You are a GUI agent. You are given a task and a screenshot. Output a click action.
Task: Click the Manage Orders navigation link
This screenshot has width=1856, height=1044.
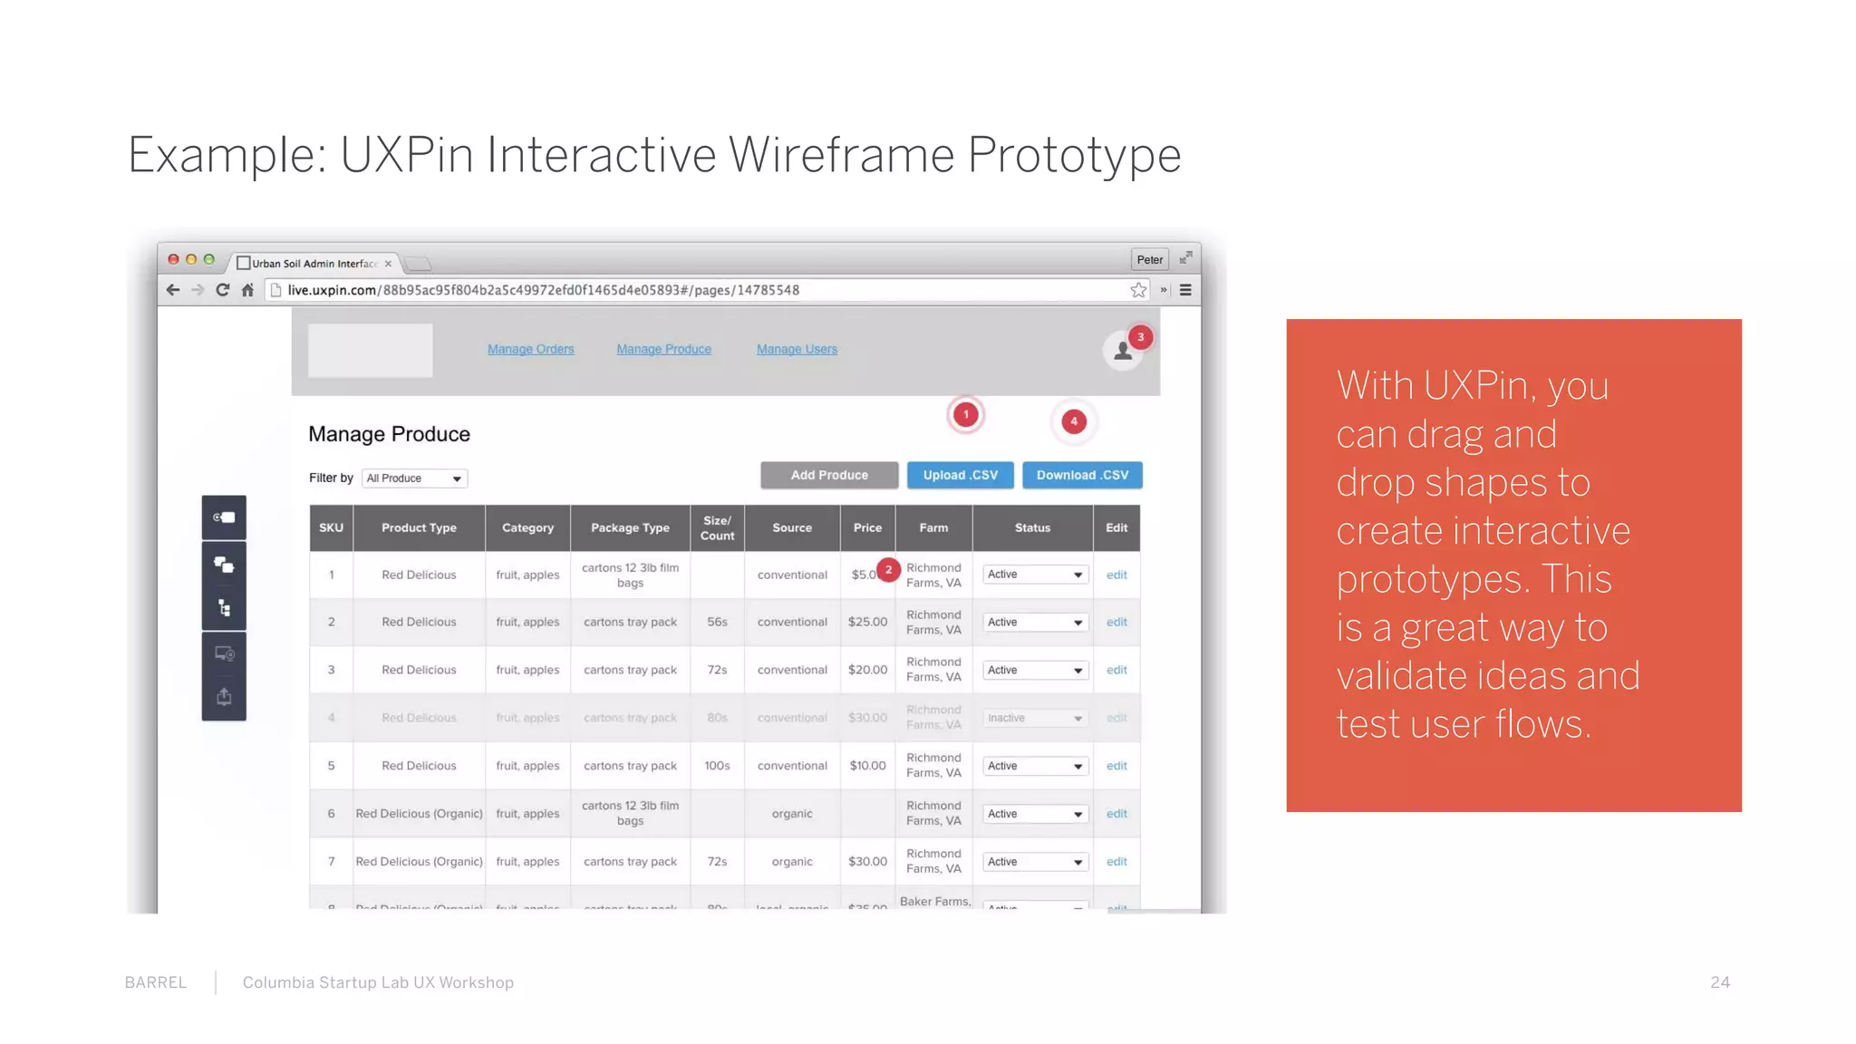click(x=530, y=349)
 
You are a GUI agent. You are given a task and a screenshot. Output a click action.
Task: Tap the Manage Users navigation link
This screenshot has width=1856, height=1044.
click(x=797, y=349)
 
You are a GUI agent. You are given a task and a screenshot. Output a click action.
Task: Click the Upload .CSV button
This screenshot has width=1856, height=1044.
click(x=960, y=475)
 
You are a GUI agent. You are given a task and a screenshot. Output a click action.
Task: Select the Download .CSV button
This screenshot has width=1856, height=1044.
click(x=1082, y=475)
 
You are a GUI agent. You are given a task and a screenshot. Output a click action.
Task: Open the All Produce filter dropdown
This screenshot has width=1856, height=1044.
click(x=414, y=478)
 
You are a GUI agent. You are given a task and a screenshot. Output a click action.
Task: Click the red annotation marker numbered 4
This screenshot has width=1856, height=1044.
click(x=1074, y=421)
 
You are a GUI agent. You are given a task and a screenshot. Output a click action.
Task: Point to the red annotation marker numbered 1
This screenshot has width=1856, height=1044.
click(x=966, y=415)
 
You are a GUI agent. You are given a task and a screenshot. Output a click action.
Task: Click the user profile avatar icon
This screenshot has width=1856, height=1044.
click(x=1123, y=352)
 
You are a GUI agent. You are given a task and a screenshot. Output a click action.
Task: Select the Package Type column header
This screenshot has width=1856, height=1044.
click(x=630, y=527)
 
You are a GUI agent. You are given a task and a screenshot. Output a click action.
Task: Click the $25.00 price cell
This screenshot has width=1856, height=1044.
click(x=867, y=622)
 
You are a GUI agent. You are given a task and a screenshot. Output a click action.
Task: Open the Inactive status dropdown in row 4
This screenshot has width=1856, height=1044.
click(x=1034, y=718)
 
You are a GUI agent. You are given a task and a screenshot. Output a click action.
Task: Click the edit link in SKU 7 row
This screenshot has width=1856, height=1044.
click(x=1116, y=862)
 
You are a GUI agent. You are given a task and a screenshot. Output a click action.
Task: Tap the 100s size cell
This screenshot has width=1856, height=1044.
click(x=717, y=766)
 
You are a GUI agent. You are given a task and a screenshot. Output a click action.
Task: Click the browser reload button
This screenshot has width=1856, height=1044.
click(x=223, y=290)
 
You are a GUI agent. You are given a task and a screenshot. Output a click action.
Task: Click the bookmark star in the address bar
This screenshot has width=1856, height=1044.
click(x=1138, y=290)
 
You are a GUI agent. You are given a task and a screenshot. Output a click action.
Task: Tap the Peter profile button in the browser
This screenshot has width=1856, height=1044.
click(x=1149, y=259)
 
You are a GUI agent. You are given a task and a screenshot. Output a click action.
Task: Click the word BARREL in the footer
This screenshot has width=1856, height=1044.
click(x=156, y=982)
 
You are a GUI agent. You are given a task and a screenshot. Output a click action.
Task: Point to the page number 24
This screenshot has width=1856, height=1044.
click(x=1720, y=982)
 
